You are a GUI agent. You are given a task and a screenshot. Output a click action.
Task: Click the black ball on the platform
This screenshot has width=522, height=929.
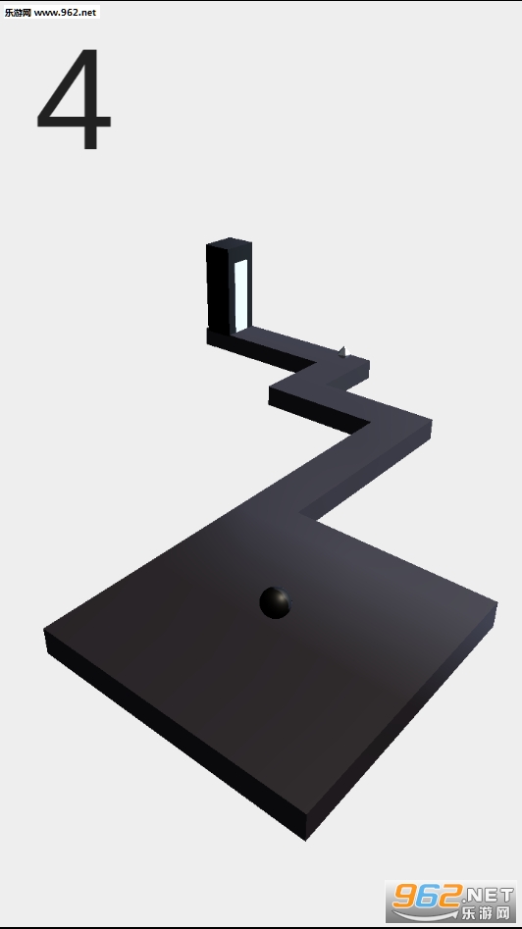pyautogui.click(x=276, y=603)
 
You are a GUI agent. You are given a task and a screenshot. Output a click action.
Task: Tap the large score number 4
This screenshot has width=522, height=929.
pyautogui.click(x=74, y=99)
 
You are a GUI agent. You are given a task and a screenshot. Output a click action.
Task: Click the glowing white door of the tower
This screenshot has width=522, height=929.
pyautogui.click(x=241, y=295)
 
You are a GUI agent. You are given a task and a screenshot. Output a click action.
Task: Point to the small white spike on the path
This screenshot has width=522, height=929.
pyautogui.click(x=341, y=352)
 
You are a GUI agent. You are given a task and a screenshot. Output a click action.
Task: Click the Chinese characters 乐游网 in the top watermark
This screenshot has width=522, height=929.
pyautogui.click(x=18, y=13)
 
